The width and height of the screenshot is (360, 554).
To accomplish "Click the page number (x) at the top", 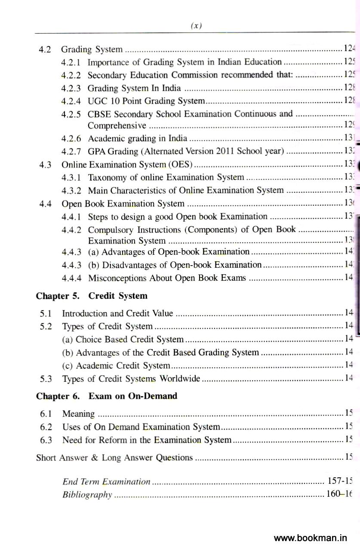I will tap(196, 26).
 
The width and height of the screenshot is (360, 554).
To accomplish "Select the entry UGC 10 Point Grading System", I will tap(146, 101).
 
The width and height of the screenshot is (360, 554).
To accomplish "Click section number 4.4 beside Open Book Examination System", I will tap(46, 204).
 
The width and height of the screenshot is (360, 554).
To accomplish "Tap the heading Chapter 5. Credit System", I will tap(92, 296).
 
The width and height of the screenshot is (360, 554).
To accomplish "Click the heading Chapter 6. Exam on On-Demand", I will tap(106, 396).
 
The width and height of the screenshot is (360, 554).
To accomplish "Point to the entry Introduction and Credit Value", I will tap(117, 313).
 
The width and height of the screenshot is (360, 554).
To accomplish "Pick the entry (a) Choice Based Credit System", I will tap(123, 340).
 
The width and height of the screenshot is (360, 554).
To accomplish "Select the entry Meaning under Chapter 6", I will tap(78, 414).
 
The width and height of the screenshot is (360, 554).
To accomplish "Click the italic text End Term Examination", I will tap(106, 482).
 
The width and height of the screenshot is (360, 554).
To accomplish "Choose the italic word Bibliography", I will tap(87, 495).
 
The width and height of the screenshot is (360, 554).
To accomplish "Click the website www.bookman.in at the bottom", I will tap(310, 538).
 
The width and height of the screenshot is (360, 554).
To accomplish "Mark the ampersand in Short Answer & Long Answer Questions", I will tap(95, 458).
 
